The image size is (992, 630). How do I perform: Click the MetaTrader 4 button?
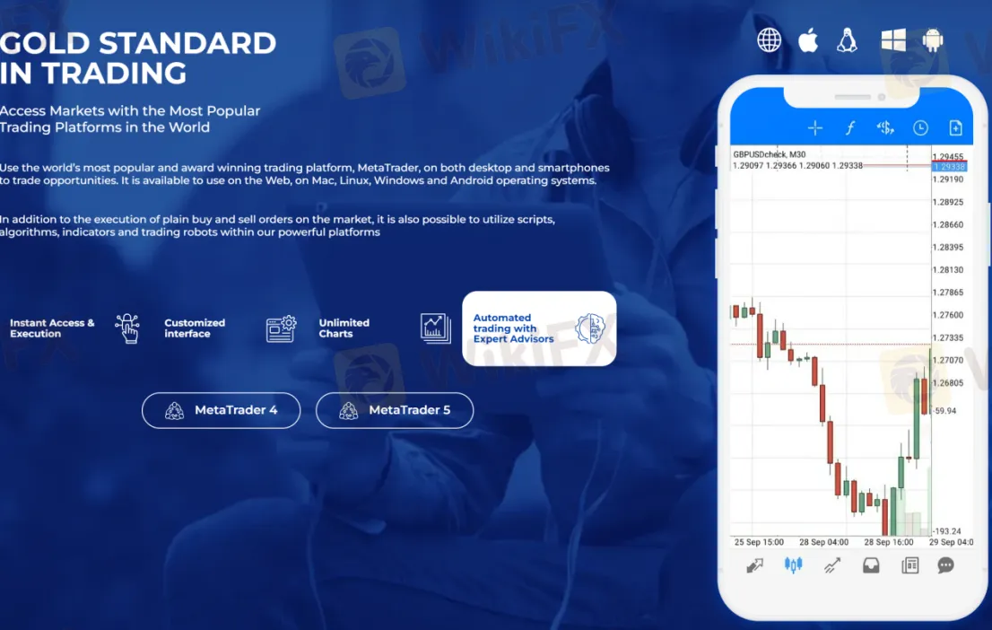point(221,410)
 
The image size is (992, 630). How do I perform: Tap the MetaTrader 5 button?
point(395,410)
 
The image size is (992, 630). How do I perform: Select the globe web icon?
point(769,40)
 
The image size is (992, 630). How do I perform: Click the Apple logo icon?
point(808,40)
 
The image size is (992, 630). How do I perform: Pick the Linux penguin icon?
point(847,40)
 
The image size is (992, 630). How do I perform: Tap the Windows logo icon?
point(893,40)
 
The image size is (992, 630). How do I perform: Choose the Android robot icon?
point(933,40)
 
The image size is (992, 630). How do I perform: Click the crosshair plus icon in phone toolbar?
point(814,128)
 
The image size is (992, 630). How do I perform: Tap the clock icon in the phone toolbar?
point(920,128)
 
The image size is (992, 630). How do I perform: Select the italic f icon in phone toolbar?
point(850,128)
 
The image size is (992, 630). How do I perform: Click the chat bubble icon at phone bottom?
point(945,565)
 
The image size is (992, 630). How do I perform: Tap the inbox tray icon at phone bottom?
point(870,565)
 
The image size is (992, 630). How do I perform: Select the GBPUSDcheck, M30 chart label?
point(769,154)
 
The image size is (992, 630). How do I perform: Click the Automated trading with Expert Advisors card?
point(539,328)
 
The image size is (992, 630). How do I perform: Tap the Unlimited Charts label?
point(344,328)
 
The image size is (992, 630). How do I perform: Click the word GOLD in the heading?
point(46,43)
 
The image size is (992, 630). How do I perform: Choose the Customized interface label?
point(195,328)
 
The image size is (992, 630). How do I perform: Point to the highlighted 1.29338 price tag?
point(948,167)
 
